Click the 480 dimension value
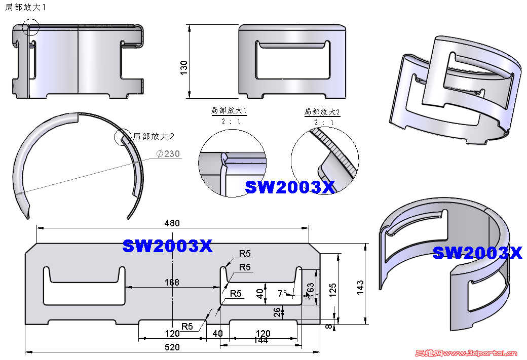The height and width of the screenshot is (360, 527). pyautogui.click(x=172, y=223)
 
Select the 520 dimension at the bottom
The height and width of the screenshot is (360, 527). pyautogui.click(x=172, y=347)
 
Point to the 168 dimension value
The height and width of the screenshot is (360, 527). pyautogui.click(x=172, y=283)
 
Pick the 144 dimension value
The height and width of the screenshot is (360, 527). pyautogui.click(x=260, y=341)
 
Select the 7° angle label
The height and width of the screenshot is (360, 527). pyautogui.click(x=282, y=293)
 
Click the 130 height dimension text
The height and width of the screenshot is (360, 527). pyautogui.click(x=184, y=67)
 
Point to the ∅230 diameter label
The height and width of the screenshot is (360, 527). pyautogui.click(x=168, y=153)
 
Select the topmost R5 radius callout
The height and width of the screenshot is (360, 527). pyautogui.click(x=245, y=254)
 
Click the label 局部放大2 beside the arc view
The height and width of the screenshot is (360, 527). pyautogui.click(x=154, y=136)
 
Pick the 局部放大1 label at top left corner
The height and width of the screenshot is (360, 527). pyautogui.click(x=25, y=8)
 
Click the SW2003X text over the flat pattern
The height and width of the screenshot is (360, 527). pyautogui.click(x=167, y=247)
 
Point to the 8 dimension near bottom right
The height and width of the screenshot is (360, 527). pyautogui.click(x=329, y=327)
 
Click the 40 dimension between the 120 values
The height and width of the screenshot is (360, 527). pyautogui.click(x=218, y=333)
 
